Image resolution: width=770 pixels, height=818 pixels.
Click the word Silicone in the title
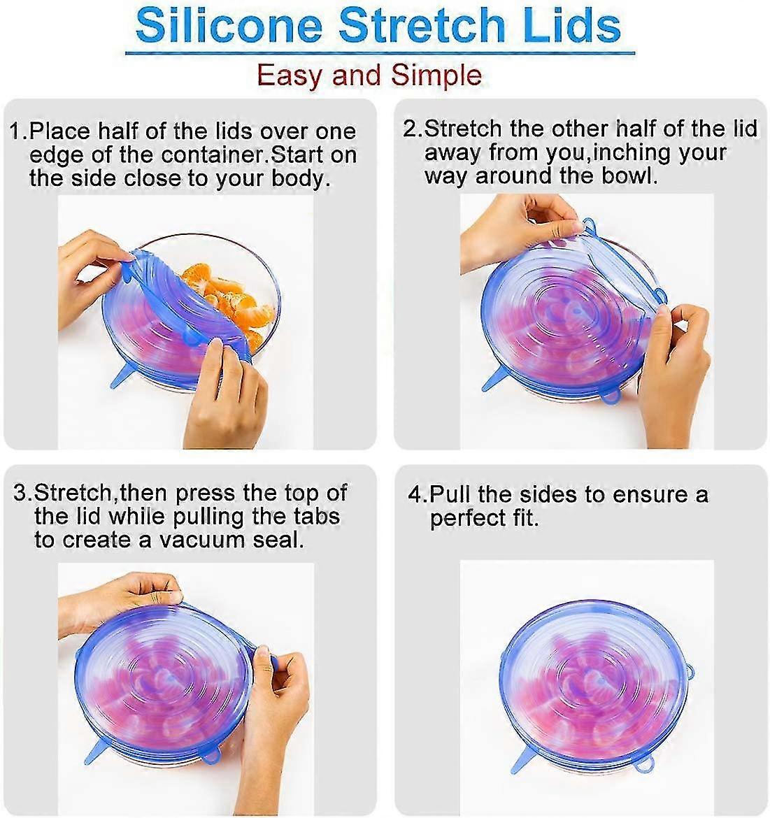229,25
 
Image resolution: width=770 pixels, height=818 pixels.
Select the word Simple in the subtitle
436,76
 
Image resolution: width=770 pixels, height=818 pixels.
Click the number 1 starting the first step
16,131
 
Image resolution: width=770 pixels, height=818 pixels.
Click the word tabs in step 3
317,516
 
